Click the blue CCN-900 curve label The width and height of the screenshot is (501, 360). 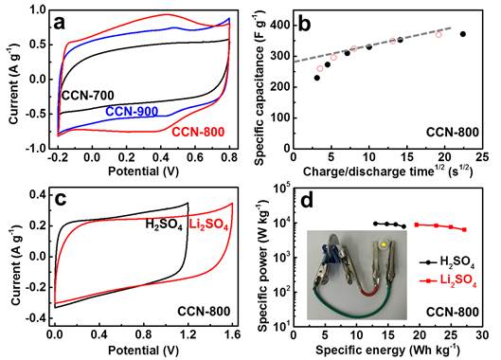click(132, 112)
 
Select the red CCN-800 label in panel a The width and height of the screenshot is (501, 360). click(198, 132)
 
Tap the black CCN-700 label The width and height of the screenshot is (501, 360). click(87, 96)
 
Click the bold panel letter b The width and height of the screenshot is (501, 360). click(304, 25)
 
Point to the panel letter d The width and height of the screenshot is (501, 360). click(307, 201)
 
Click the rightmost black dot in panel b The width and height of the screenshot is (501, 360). click(463, 34)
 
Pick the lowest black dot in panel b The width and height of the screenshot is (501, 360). click(317, 78)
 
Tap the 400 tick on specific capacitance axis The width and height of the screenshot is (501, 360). click(280, 26)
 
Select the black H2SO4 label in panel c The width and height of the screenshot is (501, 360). click(164, 225)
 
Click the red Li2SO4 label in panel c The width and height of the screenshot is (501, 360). click(208, 225)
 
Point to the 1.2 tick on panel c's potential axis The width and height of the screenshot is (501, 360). click(188, 334)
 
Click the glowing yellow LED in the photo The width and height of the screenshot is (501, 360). click(384, 245)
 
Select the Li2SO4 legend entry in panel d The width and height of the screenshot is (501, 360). click(448, 280)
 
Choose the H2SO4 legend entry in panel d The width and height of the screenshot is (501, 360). click(447, 262)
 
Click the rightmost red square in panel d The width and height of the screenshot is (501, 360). click(464, 229)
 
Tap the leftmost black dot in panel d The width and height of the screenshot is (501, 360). click(375, 224)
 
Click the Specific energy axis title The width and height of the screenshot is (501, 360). click(388, 351)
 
